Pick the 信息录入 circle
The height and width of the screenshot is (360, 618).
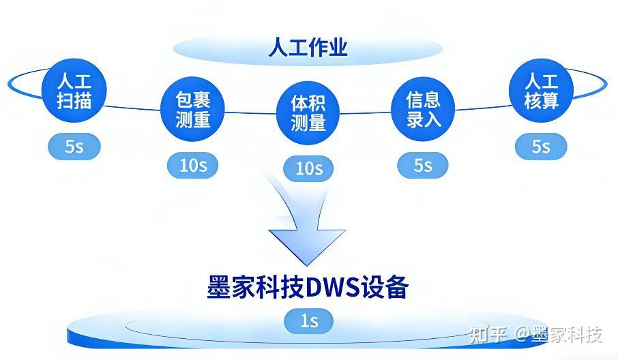(423, 110)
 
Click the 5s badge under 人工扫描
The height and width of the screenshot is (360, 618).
(74, 146)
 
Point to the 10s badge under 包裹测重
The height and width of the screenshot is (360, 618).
(192, 164)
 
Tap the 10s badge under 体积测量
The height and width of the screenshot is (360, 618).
(308, 168)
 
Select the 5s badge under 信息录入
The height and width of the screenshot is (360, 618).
(423, 164)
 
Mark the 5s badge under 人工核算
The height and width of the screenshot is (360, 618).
(541, 146)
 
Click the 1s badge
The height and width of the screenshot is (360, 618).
(309, 320)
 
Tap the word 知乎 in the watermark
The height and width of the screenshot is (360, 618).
(487, 335)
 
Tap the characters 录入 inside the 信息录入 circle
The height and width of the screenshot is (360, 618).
(423, 120)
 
